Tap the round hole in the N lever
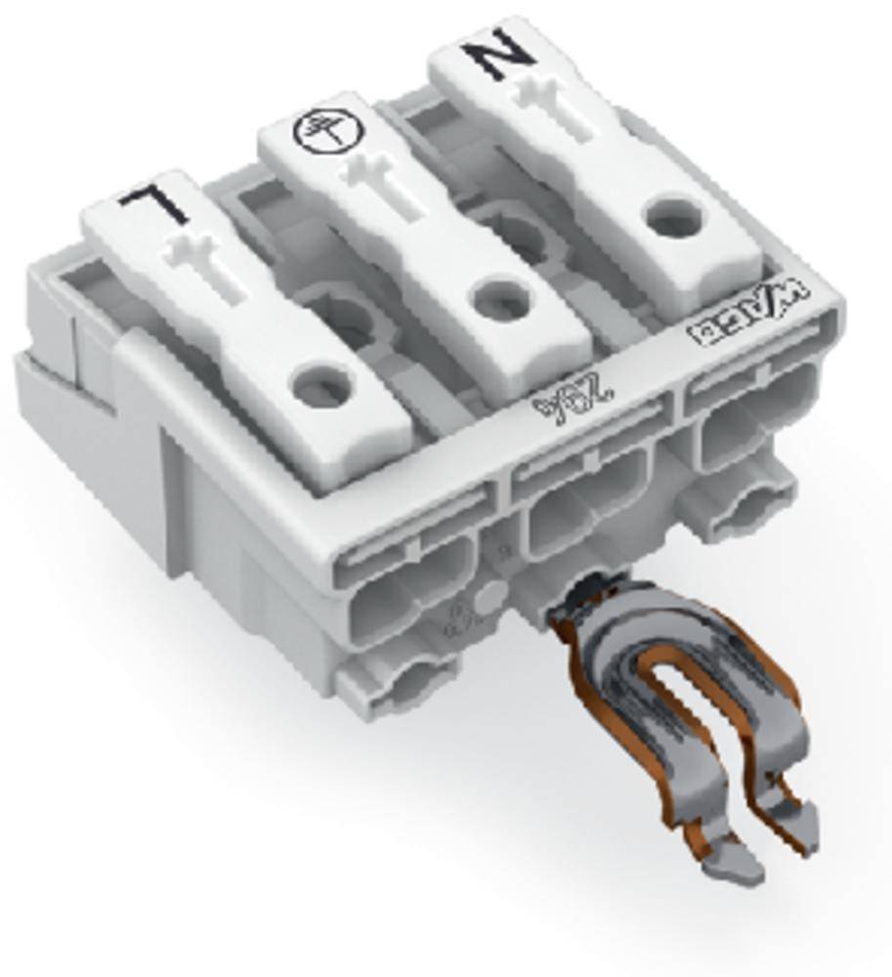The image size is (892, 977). (x=672, y=216)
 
